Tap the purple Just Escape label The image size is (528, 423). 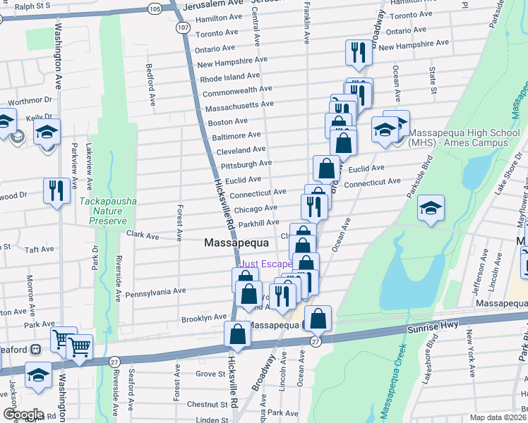(x=266, y=264)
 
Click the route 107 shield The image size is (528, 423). (x=183, y=27)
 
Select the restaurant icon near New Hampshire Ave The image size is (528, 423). (x=359, y=53)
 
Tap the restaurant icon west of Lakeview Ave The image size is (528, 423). (x=55, y=190)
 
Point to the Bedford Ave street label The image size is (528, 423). (x=150, y=85)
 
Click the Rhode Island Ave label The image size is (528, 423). (x=229, y=76)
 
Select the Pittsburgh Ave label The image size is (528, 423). (x=246, y=164)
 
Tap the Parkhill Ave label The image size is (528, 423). (x=258, y=223)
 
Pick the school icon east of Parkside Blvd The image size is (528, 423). (x=431, y=209)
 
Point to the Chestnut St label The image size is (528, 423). (x=208, y=405)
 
